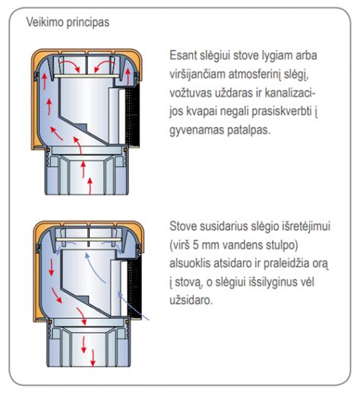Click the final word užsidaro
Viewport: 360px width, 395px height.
(x=194, y=301)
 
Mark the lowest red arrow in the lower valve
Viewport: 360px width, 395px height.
(x=91, y=360)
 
